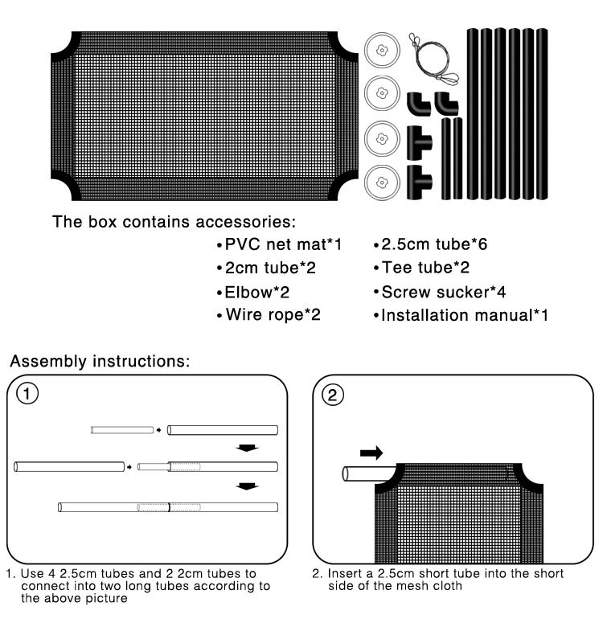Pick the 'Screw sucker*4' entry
click(438, 292)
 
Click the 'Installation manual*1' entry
click(461, 315)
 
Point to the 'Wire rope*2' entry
click(269, 315)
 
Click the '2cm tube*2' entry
click(266, 269)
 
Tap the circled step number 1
click(28, 395)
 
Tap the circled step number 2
click(332, 395)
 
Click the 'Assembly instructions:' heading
click(100, 361)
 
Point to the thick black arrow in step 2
click(371, 454)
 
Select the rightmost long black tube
click(542, 113)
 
